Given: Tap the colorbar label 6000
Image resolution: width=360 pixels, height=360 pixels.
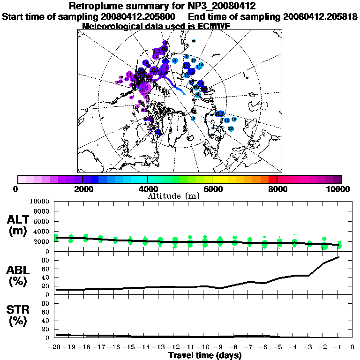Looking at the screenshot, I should click(212, 189).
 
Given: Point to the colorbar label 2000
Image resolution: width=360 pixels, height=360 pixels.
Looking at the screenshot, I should click(82, 189).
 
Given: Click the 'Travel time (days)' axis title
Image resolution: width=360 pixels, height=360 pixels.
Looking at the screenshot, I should click(205, 356).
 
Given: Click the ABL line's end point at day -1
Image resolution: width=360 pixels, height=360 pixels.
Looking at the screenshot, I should click(338, 257).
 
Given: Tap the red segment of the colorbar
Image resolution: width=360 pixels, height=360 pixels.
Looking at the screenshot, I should click(272, 179).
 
